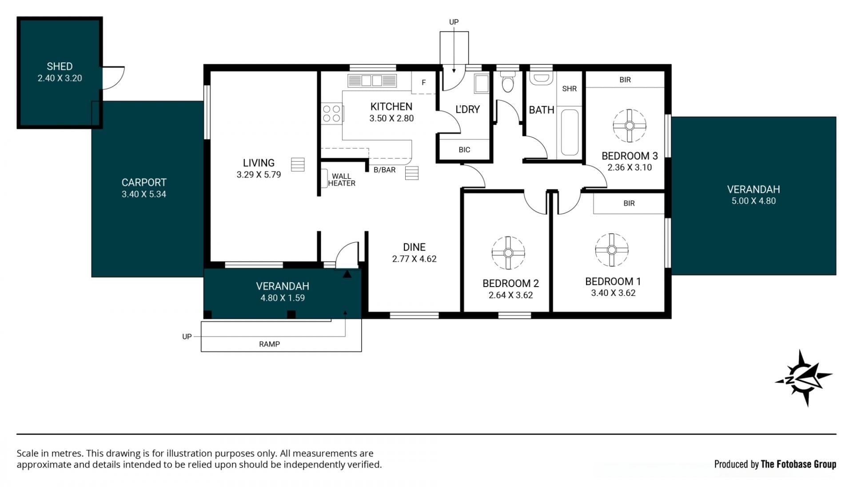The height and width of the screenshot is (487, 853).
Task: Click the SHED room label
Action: (x=60, y=66)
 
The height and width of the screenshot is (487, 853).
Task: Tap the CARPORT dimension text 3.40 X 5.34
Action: (x=144, y=194)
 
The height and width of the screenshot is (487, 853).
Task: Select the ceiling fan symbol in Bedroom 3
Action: (x=629, y=126)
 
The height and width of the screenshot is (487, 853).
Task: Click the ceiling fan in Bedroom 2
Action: (x=508, y=253)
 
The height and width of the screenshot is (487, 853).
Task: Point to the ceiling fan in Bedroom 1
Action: (x=612, y=250)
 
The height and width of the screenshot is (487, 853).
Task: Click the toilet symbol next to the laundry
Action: (x=507, y=82)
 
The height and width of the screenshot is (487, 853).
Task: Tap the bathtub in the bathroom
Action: (x=570, y=132)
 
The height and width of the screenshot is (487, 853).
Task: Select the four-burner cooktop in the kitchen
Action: (x=332, y=113)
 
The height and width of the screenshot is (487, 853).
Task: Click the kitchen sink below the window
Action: (x=372, y=81)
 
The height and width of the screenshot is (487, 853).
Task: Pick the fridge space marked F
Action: (x=423, y=82)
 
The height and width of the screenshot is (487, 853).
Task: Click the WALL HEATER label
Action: (x=342, y=180)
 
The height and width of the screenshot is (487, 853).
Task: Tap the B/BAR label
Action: (x=385, y=170)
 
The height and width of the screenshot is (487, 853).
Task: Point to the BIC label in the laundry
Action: (x=464, y=150)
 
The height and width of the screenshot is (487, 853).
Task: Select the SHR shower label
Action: (x=570, y=89)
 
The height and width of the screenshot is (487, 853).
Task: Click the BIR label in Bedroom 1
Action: (x=629, y=204)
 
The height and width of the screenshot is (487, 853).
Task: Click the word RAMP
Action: (x=269, y=344)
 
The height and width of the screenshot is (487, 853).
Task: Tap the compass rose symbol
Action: (x=804, y=378)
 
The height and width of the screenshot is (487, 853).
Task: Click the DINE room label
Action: (x=414, y=247)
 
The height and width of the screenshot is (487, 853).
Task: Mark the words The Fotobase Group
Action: (x=798, y=464)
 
